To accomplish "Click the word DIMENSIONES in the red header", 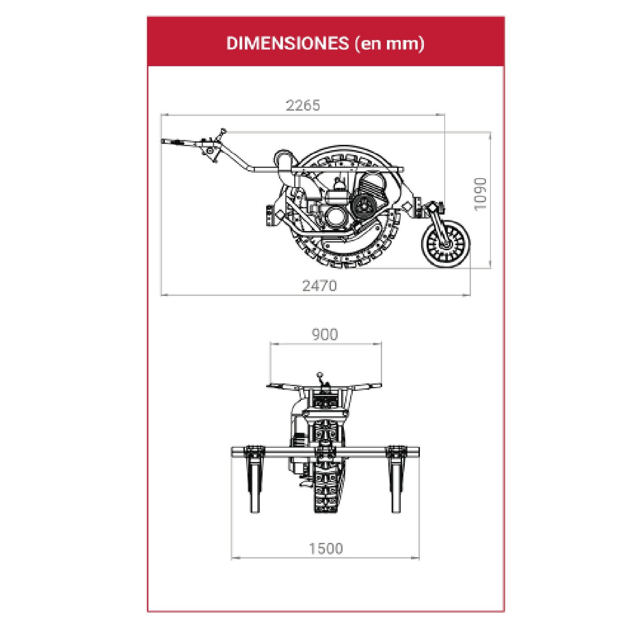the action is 287,43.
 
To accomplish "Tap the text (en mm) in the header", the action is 389,44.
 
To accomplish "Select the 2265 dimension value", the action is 303,105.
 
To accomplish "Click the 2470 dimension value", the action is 319,286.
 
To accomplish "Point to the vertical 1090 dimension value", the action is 481,194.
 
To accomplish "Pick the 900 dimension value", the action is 325,335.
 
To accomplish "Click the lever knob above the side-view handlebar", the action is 223,130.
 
